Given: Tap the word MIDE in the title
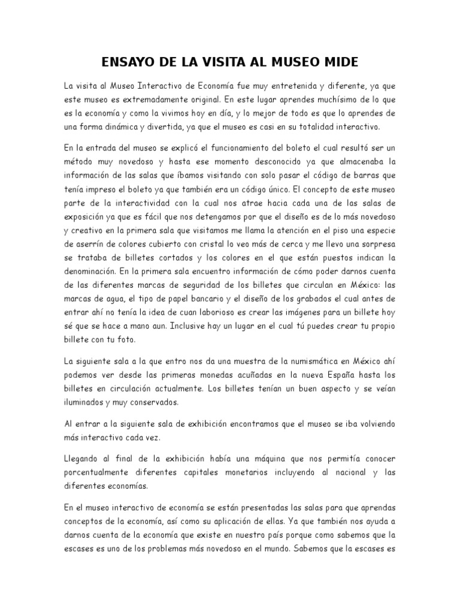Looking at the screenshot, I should coord(338,62).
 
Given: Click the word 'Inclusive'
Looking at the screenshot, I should coord(191,327).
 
